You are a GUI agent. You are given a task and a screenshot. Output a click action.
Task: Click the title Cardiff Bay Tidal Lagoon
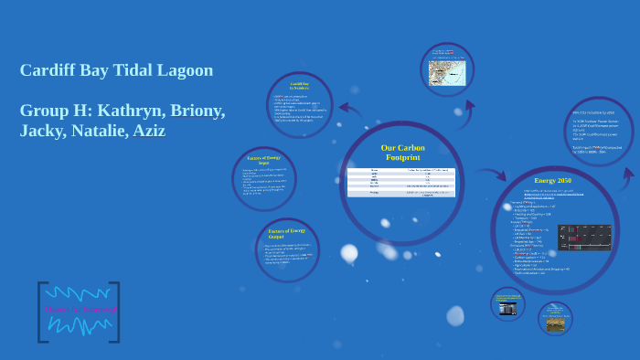coord(116,70)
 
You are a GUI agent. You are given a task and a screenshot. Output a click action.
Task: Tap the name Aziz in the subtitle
coord(147,131)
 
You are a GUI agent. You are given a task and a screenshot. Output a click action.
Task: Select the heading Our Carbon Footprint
coord(402,153)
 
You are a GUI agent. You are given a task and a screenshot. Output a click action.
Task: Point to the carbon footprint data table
coord(402,182)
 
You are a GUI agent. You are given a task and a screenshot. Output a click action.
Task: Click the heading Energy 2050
coord(553,181)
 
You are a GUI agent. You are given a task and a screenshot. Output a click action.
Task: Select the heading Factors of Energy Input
coord(264,161)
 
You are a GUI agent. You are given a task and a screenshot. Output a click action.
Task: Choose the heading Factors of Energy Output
coord(286,232)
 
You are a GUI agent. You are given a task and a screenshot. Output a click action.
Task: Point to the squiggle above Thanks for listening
coord(80,293)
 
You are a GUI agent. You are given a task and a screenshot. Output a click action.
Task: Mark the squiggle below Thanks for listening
coord(80,326)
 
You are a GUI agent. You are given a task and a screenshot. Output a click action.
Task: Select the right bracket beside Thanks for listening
coord(115,312)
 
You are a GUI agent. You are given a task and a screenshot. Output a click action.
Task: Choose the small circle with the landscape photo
coord(555,319)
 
